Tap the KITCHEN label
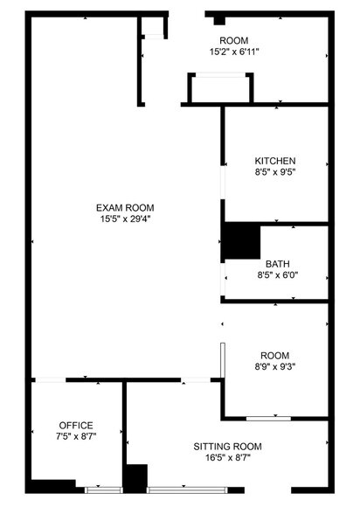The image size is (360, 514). click(x=275, y=161)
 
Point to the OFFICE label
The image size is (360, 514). click(x=76, y=425)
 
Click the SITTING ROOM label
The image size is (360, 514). click(x=227, y=446)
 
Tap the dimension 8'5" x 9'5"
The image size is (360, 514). click(x=275, y=173)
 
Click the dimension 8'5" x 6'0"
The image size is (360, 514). click(x=278, y=274)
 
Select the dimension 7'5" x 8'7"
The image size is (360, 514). click(x=76, y=436)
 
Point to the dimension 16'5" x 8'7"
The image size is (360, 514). click(x=227, y=458)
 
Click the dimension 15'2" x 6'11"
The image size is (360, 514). click(x=234, y=52)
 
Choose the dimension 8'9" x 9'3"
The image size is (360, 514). click(x=275, y=368)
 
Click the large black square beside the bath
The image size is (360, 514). click(x=241, y=241)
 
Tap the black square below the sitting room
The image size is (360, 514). click(x=135, y=477)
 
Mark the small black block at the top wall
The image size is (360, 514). click(x=219, y=19)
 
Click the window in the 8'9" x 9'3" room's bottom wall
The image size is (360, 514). click(x=273, y=416)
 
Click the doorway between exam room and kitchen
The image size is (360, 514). click(x=222, y=187)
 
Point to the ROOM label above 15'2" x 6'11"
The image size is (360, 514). click(x=234, y=40)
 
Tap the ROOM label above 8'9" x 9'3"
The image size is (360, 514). click(x=275, y=356)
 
